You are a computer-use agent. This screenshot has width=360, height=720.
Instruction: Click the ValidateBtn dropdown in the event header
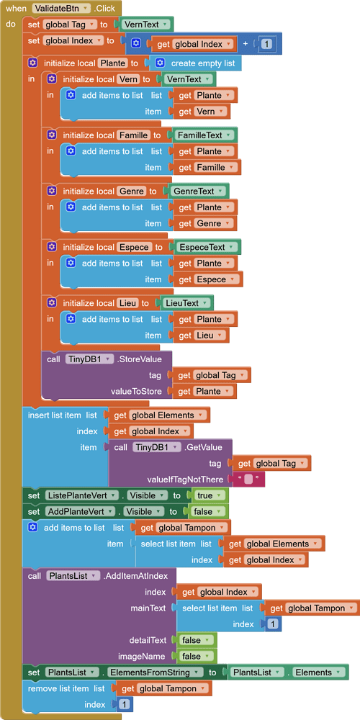click(61, 8)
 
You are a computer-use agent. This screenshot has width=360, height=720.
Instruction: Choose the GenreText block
click(199, 191)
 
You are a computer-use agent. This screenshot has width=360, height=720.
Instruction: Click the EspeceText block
click(208, 247)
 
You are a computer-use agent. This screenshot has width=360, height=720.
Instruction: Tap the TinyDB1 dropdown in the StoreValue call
click(89, 359)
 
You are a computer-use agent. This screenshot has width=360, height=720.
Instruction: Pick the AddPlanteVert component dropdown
click(80, 511)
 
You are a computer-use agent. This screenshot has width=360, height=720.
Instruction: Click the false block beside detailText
click(194, 640)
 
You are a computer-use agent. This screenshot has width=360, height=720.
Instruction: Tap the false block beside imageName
click(194, 656)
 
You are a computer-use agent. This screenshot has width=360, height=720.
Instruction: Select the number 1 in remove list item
click(123, 704)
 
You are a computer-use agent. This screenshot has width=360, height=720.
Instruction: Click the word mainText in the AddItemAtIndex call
click(148, 608)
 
